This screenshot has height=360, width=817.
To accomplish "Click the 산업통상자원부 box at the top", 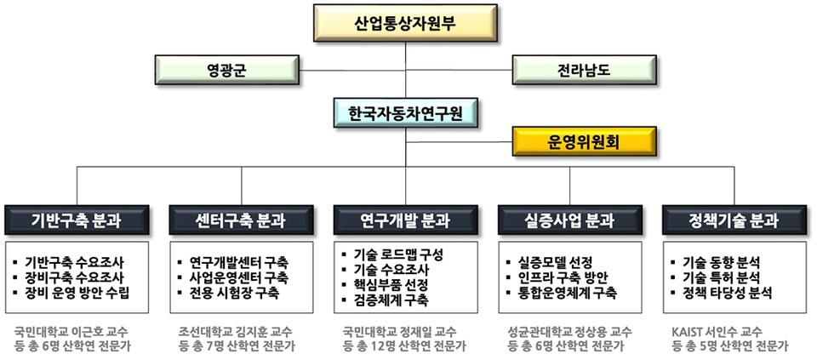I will [x=405, y=23].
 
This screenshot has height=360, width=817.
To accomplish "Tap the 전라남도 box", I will [x=582, y=68].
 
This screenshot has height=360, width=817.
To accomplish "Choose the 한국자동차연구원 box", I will [x=405, y=111].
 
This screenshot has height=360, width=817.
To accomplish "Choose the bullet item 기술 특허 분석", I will [x=720, y=277].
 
